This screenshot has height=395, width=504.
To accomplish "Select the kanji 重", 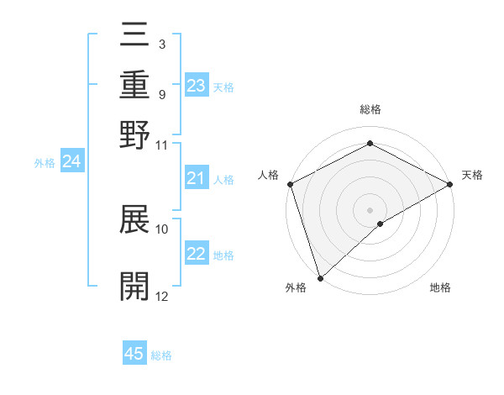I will [x=134, y=86].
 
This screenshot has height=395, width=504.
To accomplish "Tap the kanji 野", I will [x=134, y=134].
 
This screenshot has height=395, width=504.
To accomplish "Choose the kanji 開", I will [x=134, y=287].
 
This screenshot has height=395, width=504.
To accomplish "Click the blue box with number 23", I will [x=197, y=86].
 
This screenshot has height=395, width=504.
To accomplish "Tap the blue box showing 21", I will [x=197, y=178].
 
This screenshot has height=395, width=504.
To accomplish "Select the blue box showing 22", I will [x=197, y=255].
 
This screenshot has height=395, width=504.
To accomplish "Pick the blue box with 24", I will [x=71, y=162].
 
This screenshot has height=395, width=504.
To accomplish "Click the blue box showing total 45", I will [x=134, y=354].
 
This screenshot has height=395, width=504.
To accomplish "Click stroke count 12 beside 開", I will [x=161, y=297].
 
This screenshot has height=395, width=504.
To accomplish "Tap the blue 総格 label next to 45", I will [x=162, y=355].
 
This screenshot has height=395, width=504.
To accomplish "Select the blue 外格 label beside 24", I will [x=45, y=163].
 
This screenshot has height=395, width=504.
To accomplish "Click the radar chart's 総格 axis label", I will [x=370, y=109].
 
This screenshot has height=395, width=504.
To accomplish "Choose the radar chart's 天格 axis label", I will [x=472, y=175].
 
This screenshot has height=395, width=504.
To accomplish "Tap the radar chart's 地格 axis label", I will [x=440, y=287].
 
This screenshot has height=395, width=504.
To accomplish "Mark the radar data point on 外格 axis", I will [x=319, y=278].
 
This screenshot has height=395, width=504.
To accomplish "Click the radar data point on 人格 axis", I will [x=289, y=184].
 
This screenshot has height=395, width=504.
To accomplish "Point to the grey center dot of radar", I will [x=370, y=209].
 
